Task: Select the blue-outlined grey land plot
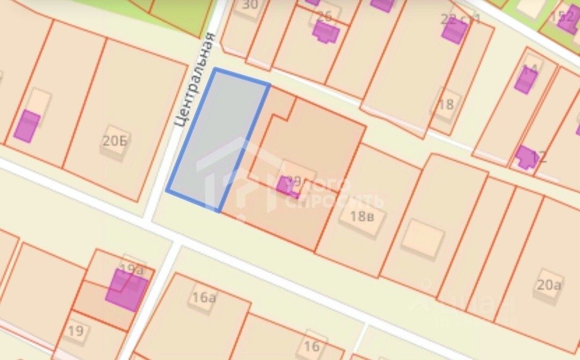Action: click(x=218, y=140)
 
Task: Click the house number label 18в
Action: click(x=361, y=217)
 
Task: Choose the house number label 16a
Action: click(x=204, y=297)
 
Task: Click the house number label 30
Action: click(x=250, y=5)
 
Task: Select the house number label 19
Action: click(x=76, y=330)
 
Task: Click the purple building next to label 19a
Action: click(x=127, y=291)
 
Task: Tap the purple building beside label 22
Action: click(x=454, y=31)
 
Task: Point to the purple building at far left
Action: click(x=27, y=127)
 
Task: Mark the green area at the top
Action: click(x=177, y=13)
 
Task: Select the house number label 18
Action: click(x=445, y=104)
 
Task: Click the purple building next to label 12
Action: click(x=525, y=157)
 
